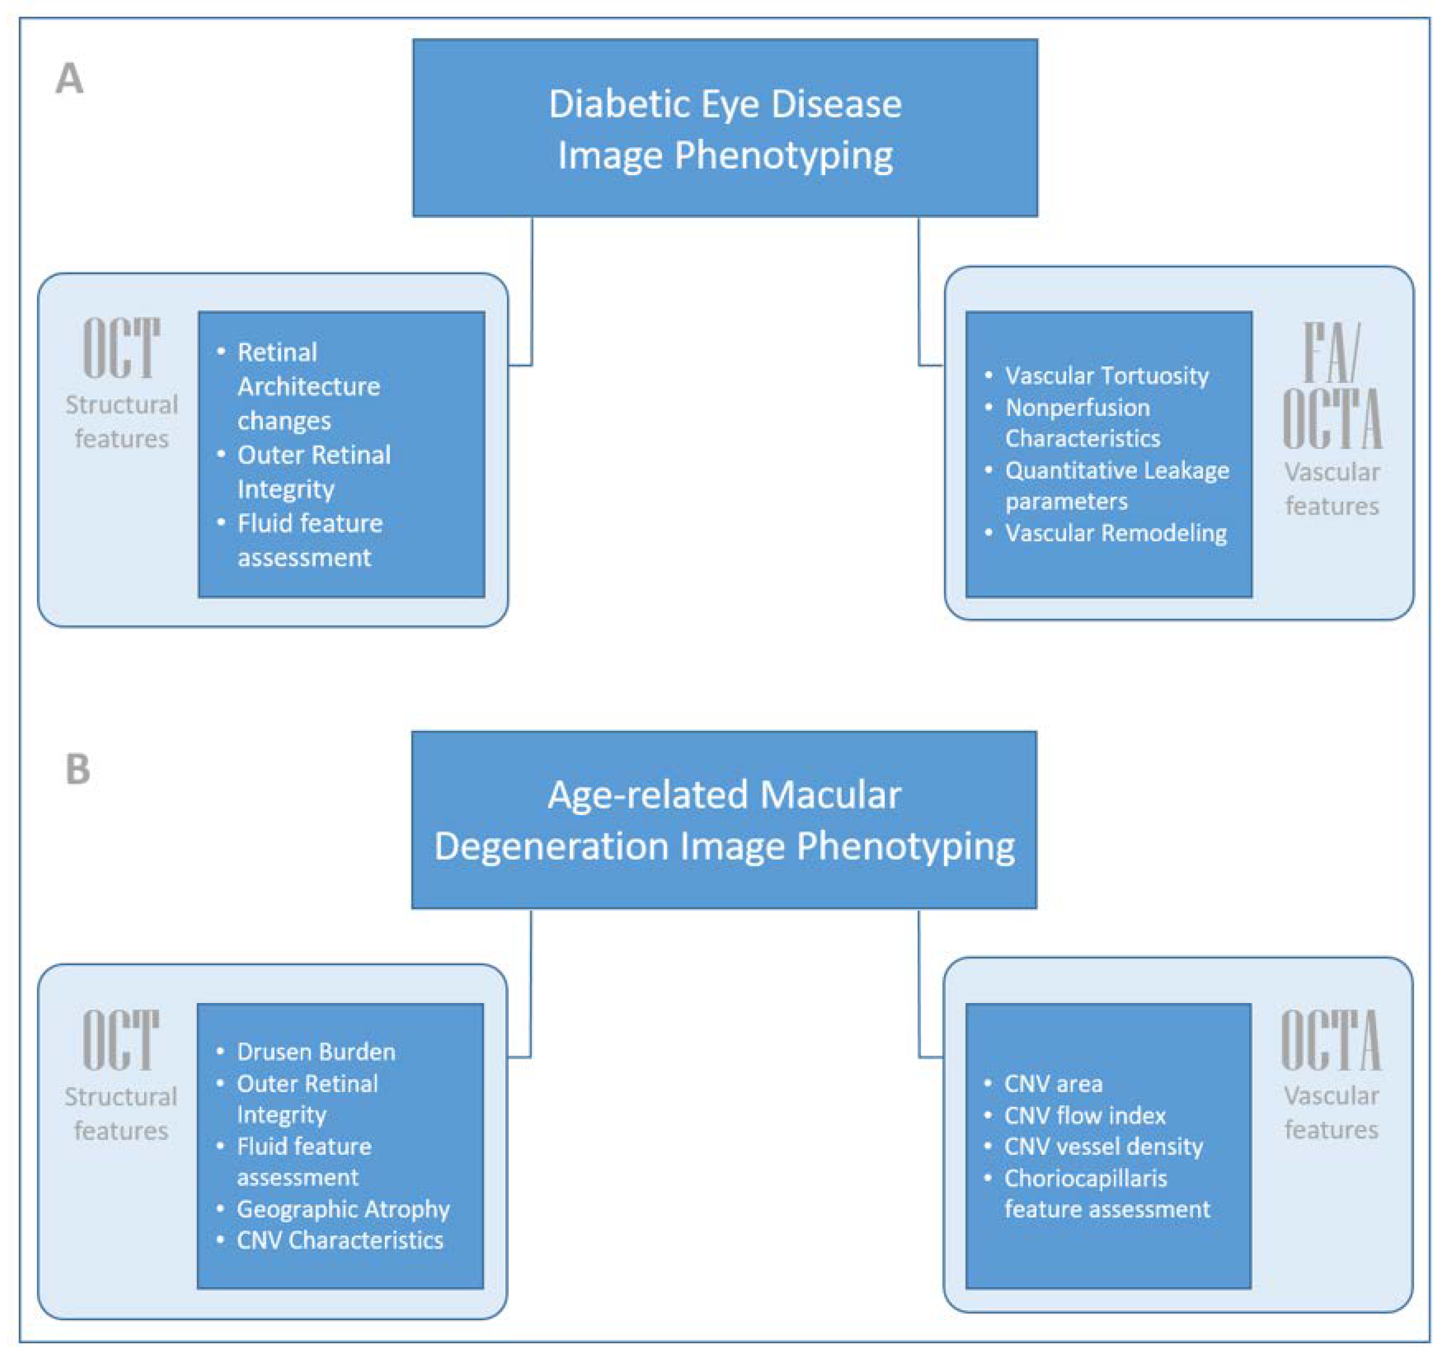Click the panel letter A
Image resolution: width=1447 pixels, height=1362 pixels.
click(70, 79)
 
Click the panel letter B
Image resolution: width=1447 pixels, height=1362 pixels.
click(78, 769)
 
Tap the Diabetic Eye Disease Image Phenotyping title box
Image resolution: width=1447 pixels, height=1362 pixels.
click(725, 128)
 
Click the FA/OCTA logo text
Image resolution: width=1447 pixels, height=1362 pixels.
click(1331, 386)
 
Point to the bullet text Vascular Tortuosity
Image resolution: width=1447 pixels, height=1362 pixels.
click(1107, 376)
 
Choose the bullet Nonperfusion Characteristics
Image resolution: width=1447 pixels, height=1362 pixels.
click(1082, 423)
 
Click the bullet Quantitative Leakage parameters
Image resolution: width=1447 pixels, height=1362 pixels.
click(1117, 486)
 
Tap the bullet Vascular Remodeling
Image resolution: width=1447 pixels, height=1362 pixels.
click(1116, 533)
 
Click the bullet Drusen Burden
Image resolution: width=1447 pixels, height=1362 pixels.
click(316, 1052)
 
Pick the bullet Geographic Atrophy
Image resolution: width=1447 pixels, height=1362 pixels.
click(343, 1209)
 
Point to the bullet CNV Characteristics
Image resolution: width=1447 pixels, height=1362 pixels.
click(340, 1240)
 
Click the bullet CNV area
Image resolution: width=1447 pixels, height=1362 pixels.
click(1053, 1084)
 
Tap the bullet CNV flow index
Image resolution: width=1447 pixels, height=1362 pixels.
click(1084, 1115)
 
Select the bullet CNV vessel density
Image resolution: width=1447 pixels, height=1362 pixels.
click(1103, 1147)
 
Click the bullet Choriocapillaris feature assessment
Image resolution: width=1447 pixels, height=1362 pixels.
click(1107, 1194)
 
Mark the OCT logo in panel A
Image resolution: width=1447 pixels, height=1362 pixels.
click(121, 348)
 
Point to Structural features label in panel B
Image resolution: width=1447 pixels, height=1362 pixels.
click(121, 1114)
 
